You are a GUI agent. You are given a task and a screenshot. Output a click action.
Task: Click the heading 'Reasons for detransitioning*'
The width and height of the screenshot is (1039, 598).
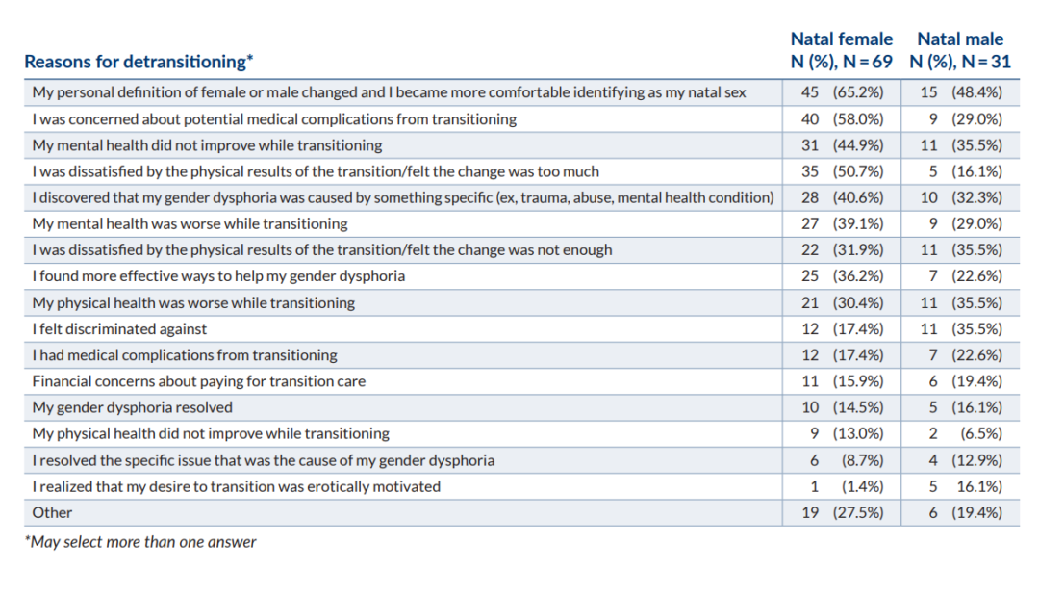coord(139,62)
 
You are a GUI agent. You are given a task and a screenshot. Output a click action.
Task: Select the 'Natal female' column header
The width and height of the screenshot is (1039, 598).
coord(841,39)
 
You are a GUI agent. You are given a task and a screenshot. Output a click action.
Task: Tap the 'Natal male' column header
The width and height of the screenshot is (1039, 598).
coord(959,39)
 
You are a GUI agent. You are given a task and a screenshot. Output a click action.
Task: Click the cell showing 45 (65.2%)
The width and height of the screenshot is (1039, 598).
coord(842,93)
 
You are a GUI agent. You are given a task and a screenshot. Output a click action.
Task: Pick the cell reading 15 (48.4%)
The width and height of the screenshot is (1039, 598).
coord(959,93)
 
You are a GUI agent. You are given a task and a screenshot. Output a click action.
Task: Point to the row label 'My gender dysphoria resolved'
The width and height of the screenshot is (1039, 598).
coord(133,407)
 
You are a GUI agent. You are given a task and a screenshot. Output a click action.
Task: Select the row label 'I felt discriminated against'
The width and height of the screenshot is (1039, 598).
coord(119,329)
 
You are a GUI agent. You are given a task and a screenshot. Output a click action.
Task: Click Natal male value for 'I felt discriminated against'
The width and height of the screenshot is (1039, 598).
coord(959,329)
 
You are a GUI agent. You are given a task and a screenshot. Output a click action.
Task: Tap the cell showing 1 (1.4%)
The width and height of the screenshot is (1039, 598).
coord(842,486)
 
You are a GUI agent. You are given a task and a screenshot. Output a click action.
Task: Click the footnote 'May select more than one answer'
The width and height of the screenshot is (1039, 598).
coord(140,542)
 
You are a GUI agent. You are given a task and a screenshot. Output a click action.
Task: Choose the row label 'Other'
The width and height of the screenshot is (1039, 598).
coord(52,512)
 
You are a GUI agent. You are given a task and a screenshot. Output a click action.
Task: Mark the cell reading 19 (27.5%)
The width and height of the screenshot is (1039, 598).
coord(842,512)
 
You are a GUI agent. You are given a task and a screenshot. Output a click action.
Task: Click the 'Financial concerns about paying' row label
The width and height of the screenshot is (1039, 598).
coord(198,381)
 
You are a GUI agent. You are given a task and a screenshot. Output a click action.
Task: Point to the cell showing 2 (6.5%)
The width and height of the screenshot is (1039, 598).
coord(959,433)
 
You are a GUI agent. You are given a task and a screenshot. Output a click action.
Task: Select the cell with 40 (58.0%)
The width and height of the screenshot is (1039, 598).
coord(842,119)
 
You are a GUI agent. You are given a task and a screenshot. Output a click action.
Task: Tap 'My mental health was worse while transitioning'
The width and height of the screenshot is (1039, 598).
coord(190,224)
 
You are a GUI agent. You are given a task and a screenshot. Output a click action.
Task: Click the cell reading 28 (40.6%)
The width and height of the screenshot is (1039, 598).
coord(842,197)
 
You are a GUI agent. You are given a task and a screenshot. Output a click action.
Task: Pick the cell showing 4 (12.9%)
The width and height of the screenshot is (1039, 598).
coord(959,460)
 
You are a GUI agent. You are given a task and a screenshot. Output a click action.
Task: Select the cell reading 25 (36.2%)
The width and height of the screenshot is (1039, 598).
coord(842,276)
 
